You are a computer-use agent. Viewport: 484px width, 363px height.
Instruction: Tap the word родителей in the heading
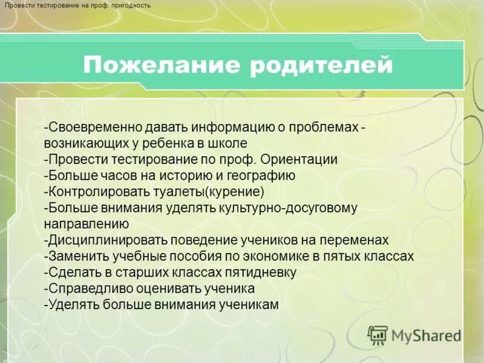[x=321, y=64]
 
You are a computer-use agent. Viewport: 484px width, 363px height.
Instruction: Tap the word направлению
[x=81, y=224]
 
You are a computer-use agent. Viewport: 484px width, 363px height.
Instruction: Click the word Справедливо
[x=85, y=288]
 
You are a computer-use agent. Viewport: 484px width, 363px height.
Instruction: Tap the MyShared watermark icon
[x=378, y=335]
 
